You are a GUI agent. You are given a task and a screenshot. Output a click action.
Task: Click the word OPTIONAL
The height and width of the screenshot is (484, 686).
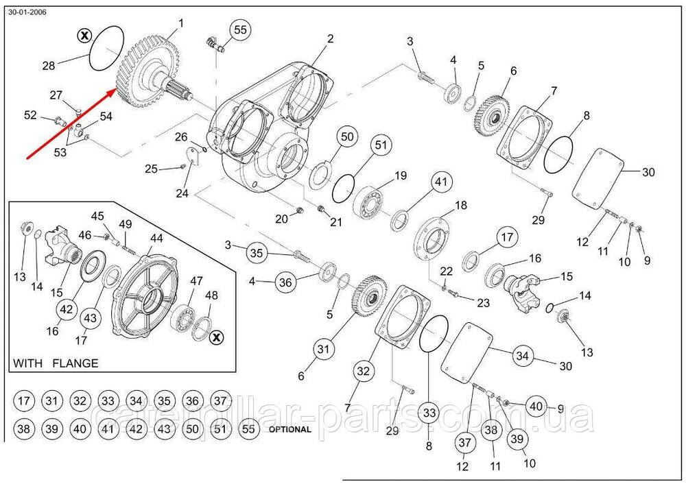[290, 430]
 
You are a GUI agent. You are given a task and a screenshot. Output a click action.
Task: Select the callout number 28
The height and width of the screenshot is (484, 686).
[48, 66]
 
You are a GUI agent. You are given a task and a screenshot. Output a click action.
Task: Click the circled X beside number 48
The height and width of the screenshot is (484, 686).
[215, 337]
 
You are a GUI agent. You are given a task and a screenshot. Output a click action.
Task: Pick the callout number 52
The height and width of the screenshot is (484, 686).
[30, 116]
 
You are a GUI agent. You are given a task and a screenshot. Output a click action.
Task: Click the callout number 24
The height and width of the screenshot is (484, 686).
[182, 193]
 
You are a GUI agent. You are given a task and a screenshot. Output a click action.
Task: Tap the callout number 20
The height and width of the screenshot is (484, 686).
[281, 219]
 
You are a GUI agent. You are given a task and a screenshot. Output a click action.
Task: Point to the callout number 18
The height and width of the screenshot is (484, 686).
[460, 205]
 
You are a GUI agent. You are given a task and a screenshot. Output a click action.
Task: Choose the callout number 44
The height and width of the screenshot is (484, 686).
[156, 238]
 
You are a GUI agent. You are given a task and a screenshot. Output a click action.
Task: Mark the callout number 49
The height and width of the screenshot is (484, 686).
[125, 224]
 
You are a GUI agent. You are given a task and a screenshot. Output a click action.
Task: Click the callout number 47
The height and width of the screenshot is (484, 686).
[197, 281]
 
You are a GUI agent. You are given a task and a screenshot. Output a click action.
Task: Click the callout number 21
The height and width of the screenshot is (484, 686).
[336, 221]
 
